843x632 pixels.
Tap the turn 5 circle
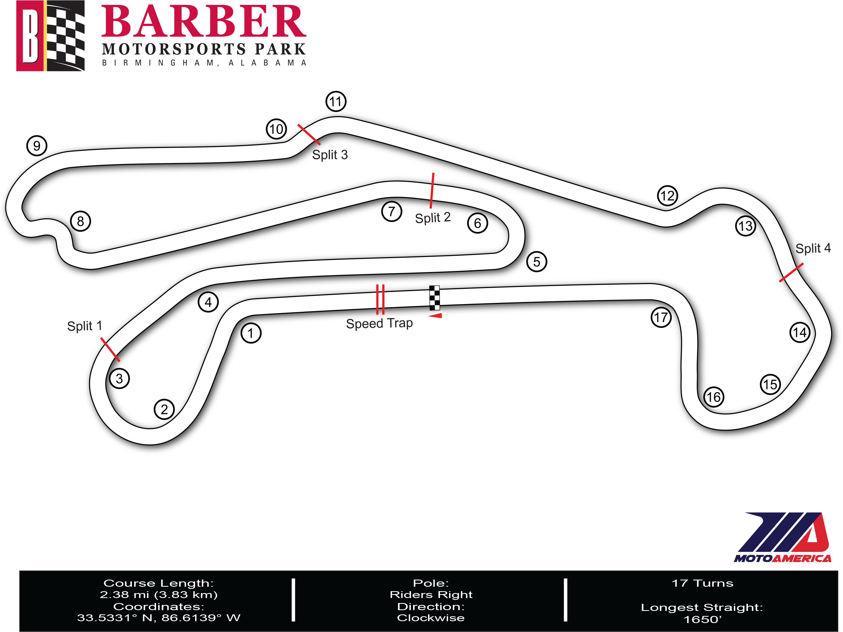click(x=536, y=262)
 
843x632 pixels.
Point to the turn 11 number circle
click(x=336, y=101)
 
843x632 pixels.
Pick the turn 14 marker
click(x=800, y=333)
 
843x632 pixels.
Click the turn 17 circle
click(x=661, y=317)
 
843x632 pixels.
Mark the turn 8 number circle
click(x=81, y=221)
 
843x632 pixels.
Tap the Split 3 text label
click(x=330, y=155)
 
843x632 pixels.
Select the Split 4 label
click(x=813, y=248)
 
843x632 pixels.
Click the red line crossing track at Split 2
click(x=432, y=191)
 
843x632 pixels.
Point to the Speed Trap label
click(x=379, y=323)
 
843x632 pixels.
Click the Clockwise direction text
click(x=431, y=618)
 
